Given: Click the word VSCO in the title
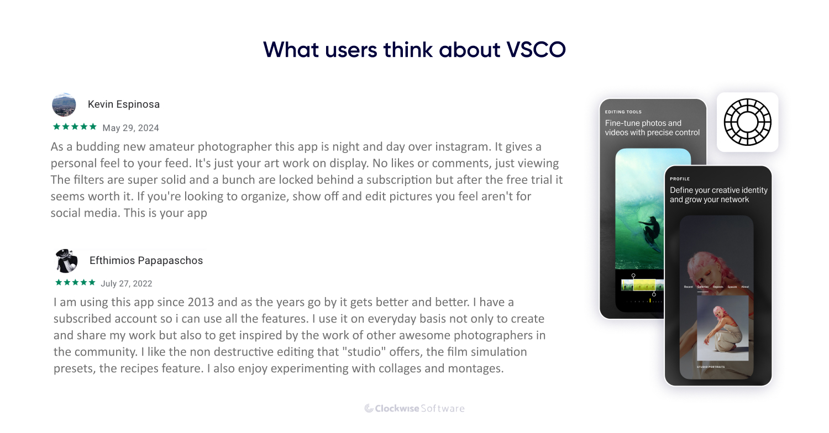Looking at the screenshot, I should click(536, 50).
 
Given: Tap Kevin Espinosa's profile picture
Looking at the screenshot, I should click(64, 104).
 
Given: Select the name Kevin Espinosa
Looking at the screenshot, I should click(124, 104).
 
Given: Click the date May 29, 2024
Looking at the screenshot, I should click(131, 128).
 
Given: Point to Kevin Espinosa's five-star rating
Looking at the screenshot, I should click(75, 127).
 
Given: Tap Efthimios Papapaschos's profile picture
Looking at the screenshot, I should click(66, 261).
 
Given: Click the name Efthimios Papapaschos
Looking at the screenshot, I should click(146, 261).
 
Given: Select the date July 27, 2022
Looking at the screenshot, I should click(127, 284).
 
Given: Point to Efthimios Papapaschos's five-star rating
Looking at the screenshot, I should click(76, 283).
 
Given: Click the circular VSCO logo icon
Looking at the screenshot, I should click(747, 122).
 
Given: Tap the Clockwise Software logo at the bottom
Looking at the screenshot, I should click(414, 409).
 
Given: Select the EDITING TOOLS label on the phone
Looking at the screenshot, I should click(623, 112).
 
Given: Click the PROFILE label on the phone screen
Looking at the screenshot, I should click(680, 179).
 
